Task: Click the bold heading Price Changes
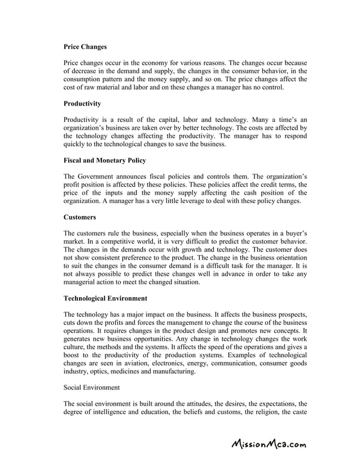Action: [x=85, y=47]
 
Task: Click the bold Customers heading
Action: [x=80, y=217]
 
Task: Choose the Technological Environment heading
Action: [x=106, y=298]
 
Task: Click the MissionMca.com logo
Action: [x=269, y=444]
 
